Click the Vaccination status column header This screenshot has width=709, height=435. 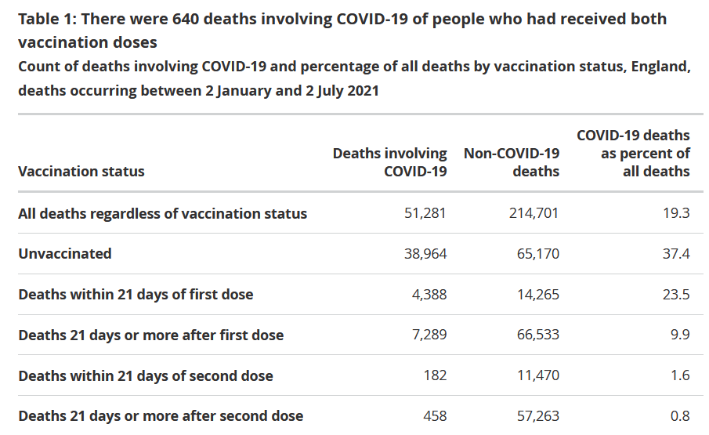[x=81, y=171]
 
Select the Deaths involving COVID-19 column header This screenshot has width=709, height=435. [x=389, y=162]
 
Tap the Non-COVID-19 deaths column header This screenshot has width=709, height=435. [x=512, y=162]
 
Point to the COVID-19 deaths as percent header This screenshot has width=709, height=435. [x=633, y=153]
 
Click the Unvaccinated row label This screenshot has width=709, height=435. [x=65, y=253]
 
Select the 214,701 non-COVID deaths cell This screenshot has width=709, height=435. [x=534, y=213]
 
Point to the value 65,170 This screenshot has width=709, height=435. [x=537, y=253]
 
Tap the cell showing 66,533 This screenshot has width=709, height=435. [x=537, y=335]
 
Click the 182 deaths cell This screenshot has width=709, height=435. [x=435, y=375]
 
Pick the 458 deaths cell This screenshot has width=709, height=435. [x=435, y=416]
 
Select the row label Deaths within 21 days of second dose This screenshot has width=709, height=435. [x=146, y=375]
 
